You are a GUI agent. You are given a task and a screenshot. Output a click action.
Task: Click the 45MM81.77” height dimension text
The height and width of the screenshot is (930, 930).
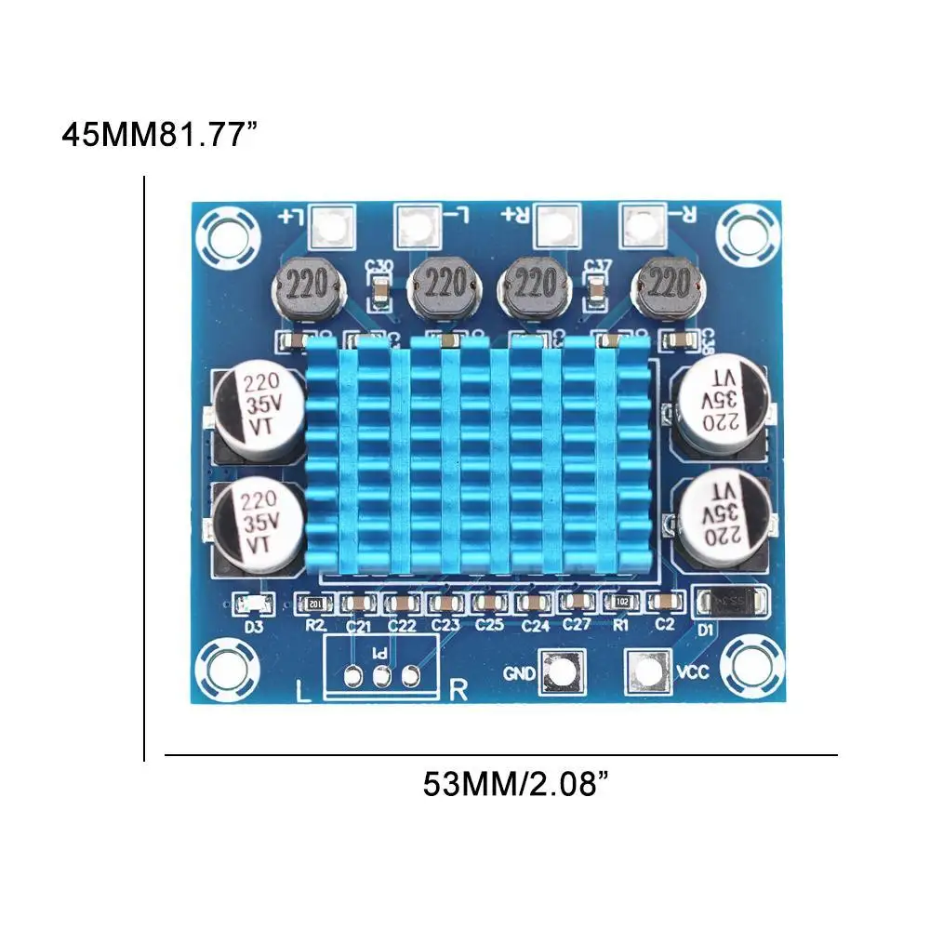pos(159,134)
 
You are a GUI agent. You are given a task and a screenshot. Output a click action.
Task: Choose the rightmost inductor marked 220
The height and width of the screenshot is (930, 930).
pos(665,284)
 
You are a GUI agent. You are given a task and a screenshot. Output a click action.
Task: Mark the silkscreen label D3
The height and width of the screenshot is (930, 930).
pos(253,626)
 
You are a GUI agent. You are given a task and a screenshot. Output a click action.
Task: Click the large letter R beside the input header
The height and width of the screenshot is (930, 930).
pos(458,690)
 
